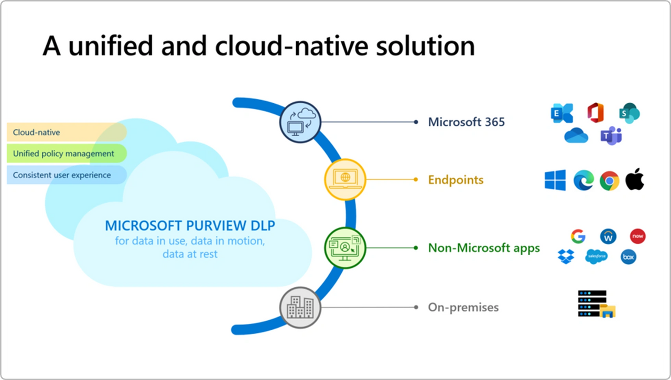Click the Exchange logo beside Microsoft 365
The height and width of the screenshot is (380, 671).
coord(562,113)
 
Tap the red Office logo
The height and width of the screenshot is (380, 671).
coord(596,113)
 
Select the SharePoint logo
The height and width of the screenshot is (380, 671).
coord(629,113)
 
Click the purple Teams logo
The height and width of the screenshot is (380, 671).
coord(611,136)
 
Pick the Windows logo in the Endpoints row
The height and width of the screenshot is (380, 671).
coord(555,180)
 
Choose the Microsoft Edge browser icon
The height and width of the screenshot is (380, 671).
coord(583,180)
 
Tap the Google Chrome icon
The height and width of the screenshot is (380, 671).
coord(609,180)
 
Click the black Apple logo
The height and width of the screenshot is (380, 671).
coord(635,179)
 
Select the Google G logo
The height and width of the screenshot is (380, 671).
coord(578,236)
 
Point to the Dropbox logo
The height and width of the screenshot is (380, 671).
coord(566,257)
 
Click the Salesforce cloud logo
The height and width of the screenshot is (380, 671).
coord(597,256)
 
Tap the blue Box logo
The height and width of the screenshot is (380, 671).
coord(628,257)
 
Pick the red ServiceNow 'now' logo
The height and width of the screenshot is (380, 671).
coord(637,236)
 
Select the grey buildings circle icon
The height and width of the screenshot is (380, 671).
coord(300,307)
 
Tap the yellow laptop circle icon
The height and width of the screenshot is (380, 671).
coord(344,179)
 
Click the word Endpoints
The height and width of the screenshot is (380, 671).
coord(456,180)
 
